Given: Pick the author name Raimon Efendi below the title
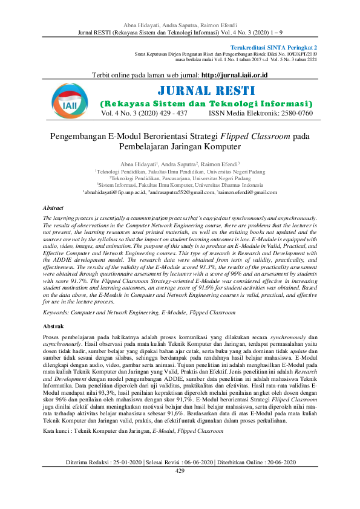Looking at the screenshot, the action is point(221,163).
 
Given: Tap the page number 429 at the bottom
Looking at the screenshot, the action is point(180,487).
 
